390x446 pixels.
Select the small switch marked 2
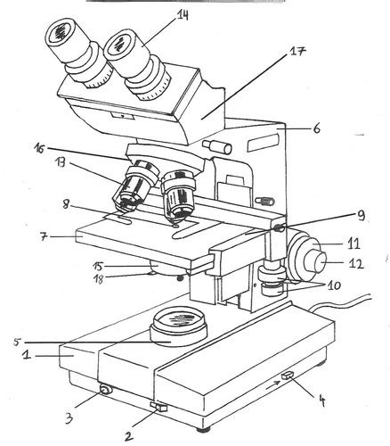[x=160, y=408]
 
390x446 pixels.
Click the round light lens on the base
[x=181, y=320]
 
